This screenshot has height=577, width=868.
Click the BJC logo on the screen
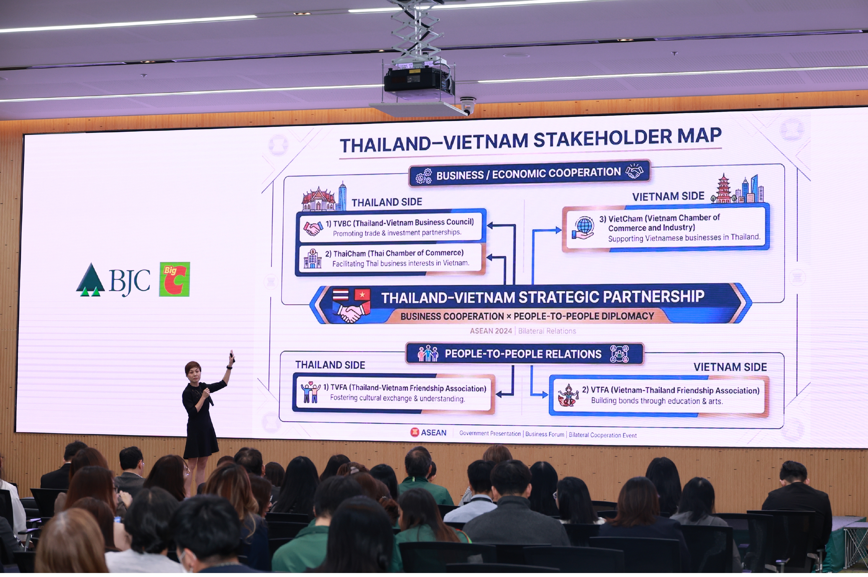[x=113, y=280]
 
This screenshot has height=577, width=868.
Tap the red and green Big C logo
[x=174, y=279]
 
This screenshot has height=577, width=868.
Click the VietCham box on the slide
[x=666, y=228]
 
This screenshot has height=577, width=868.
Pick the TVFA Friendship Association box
[x=394, y=393]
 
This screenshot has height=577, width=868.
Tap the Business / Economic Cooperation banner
[x=530, y=173]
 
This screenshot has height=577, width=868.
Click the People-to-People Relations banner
[x=525, y=354]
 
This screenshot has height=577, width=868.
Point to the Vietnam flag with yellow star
[x=362, y=295]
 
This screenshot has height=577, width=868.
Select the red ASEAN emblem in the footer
[x=414, y=432]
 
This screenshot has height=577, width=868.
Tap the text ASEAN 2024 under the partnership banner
[x=491, y=331]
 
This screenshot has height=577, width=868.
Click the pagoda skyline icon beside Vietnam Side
[x=737, y=189]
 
